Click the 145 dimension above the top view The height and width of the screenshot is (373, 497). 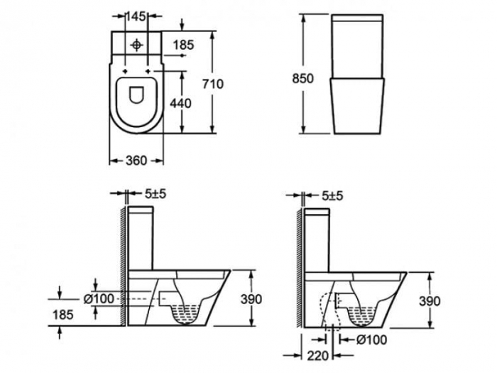coord(136,15)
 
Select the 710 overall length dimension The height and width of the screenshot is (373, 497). coord(214,84)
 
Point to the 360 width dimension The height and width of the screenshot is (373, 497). coord(136,161)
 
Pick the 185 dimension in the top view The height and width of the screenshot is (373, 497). coord(183,45)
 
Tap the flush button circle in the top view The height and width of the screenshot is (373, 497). coord(136,44)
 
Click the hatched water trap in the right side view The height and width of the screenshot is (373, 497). coord(367,310)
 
